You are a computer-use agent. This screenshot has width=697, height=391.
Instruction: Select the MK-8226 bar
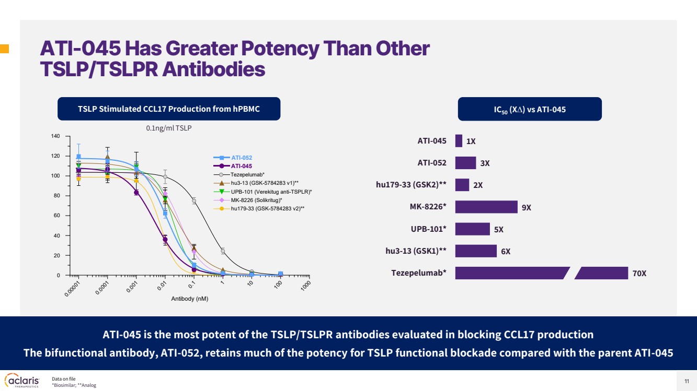[x=486, y=207]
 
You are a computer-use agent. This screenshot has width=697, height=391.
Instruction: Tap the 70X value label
[x=639, y=273]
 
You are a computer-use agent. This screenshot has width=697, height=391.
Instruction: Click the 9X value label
[x=526, y=207]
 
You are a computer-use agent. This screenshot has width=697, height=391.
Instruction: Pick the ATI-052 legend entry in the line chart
[x=241, y=158]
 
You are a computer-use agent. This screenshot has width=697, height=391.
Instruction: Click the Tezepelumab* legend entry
[x=247, y=174]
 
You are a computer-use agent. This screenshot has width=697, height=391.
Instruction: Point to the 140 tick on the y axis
[x=54, y=136]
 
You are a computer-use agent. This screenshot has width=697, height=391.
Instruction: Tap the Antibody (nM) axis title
[x=189, y=299]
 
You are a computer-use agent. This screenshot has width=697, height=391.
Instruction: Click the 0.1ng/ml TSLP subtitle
[x=169, y=127]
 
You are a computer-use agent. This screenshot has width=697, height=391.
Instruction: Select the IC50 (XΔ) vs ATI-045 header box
[x=529, y=109]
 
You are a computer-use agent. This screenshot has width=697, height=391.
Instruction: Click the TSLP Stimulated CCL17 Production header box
[x=168, y=109]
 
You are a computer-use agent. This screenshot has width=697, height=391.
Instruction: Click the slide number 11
[x=687, y=381]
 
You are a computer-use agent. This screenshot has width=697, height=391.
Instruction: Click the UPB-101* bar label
[x=428, y=229]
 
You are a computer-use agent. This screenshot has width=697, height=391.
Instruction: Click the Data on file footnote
[x=64, y=379]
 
